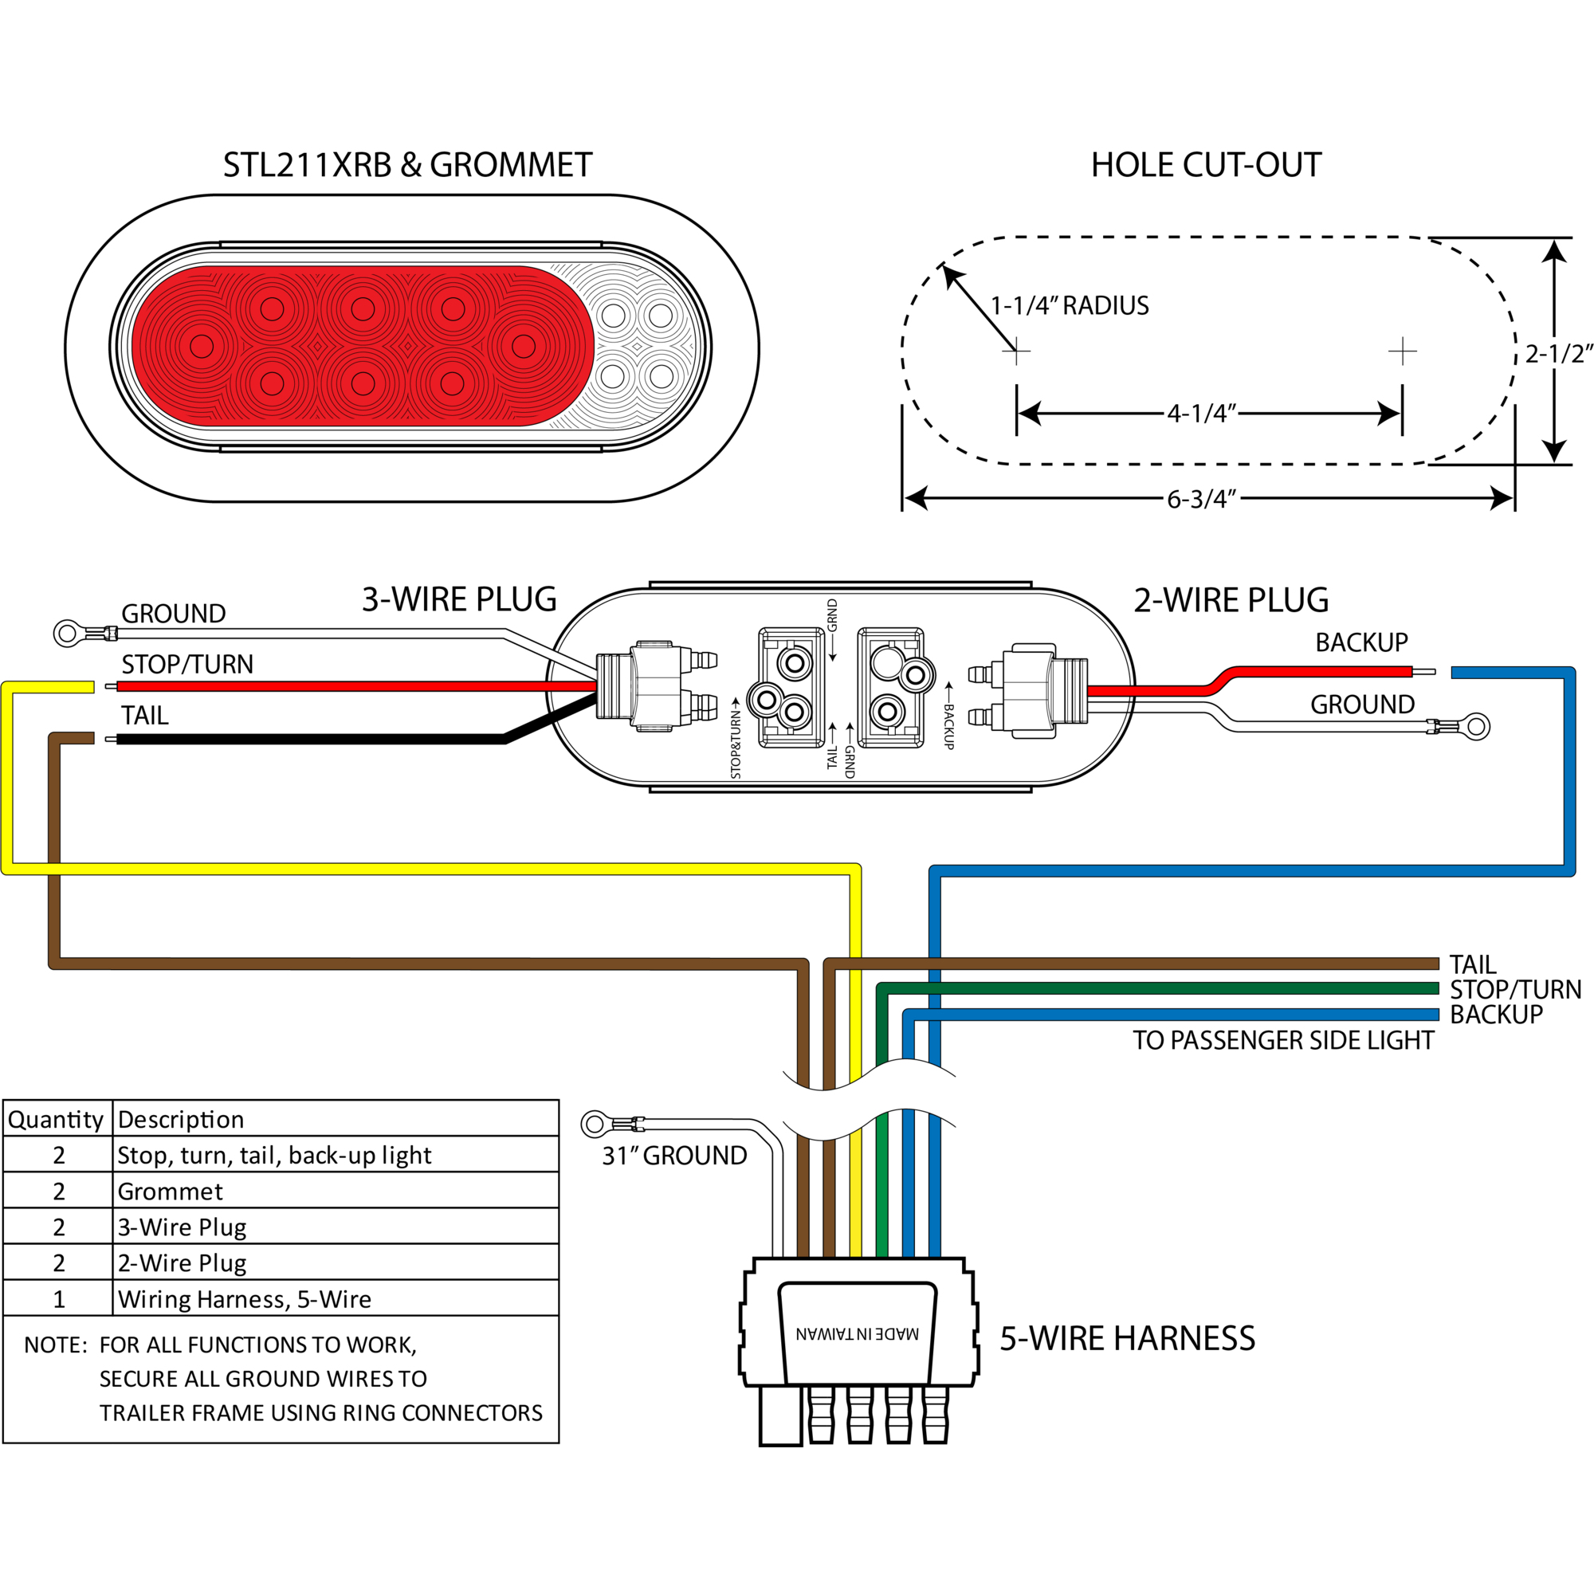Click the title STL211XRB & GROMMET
(407, 165)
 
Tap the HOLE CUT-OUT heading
(1206, 165)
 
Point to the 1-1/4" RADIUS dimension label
(1070, 306)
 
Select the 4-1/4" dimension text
(1202, 414)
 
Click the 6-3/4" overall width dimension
(1202, 499)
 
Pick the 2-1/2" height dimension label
(1558, 354)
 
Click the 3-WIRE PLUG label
(460, 600)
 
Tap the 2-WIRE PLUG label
(1231, 600)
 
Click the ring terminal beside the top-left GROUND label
(67, 634)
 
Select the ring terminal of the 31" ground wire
(594, 1124)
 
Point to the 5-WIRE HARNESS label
(1127, 1338)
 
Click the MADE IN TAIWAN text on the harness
(858, 1334)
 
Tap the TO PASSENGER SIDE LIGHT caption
(1283, 1040)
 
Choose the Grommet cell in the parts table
(170, 1192)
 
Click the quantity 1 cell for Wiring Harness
(58, 1299)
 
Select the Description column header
(181, 1120)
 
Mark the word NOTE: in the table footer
(55, 1345)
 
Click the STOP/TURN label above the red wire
(187, 664)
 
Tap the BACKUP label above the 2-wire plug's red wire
(1361, 642)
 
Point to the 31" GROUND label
(674, 1156)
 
